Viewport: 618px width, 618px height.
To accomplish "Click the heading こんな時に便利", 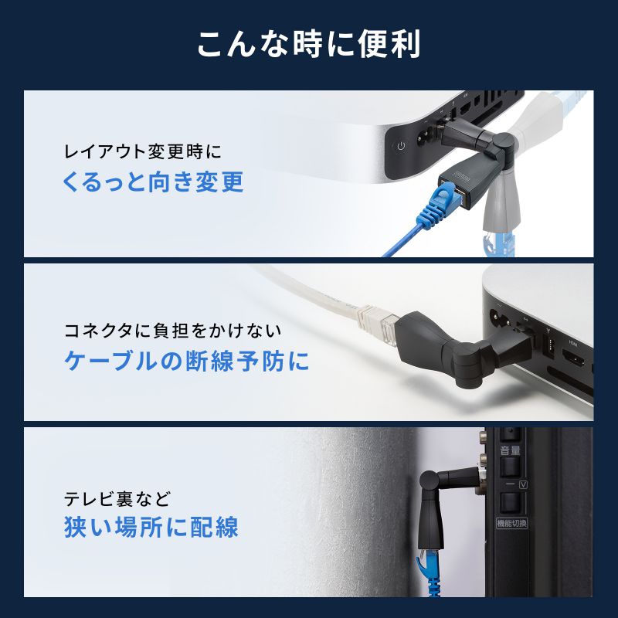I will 308,44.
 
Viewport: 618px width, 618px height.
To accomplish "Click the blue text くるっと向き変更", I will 152,182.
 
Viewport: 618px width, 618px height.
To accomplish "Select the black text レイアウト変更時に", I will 146,150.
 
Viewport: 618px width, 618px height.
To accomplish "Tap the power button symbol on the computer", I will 400,146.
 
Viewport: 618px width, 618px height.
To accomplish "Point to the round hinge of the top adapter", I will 503,144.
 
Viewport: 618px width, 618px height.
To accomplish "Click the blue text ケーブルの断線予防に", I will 185,362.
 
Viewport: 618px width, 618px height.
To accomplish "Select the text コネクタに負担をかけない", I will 171,331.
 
